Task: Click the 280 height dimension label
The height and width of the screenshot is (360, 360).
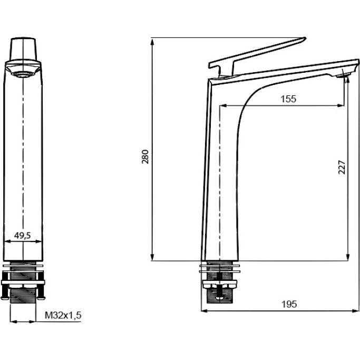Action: click(145, 157)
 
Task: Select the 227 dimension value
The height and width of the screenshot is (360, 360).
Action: click(342, 168)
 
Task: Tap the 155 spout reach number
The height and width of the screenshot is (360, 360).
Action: click(288, 99)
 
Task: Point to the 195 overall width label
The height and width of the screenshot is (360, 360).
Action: click(289, 304)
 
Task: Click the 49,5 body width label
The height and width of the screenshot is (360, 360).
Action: click(22, 235)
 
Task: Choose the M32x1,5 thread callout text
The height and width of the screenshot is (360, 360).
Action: click(63, 315)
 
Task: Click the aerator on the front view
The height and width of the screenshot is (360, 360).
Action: click(22, 74)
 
